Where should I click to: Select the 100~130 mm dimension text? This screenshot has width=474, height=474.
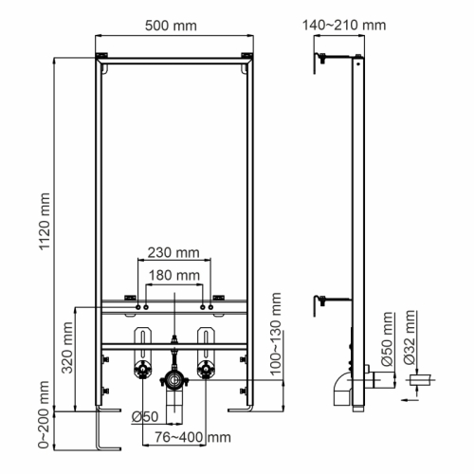click(x=278, y=337)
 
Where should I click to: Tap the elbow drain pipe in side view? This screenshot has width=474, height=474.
click(x=341, y=389)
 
